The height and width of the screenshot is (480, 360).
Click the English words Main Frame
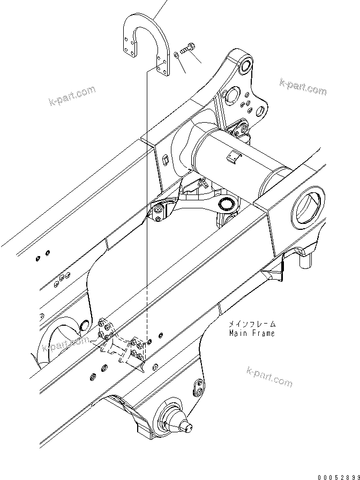251,333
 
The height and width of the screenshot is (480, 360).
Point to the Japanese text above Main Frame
252,324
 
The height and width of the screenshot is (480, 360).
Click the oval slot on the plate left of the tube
166,159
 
